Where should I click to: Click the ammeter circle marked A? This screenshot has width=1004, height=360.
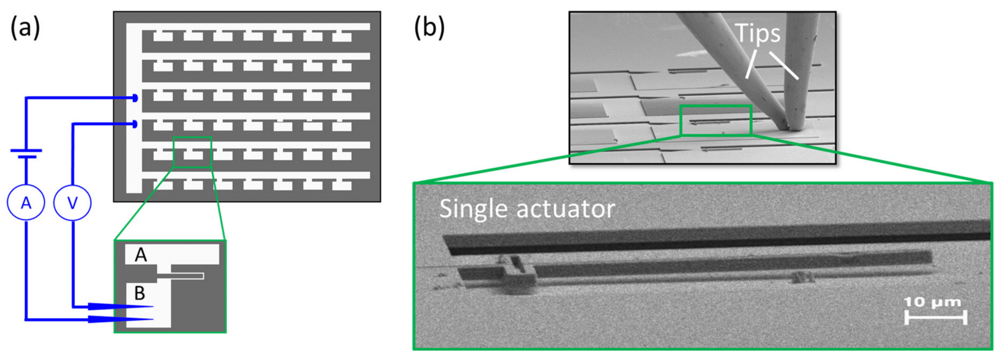pos(26,202)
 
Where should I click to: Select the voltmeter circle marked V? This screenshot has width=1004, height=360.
pos(73,202)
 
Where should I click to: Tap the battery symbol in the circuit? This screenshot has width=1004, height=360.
pos(26,153)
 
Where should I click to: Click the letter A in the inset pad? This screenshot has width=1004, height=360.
pos(141,255)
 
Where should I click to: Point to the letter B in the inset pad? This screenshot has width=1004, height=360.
pos(140,293)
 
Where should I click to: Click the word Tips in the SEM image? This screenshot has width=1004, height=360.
pos(758,33)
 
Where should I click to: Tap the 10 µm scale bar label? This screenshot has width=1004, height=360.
pos(932,302)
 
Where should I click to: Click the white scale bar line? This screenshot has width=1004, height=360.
pos(935,317)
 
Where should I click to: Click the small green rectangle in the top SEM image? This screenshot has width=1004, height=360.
pos(716,120)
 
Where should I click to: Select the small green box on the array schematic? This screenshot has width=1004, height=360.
pos(192,152)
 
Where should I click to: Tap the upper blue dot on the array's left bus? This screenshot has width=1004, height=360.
pos(135,98)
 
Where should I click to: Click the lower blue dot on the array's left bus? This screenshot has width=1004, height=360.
pos(135,124)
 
